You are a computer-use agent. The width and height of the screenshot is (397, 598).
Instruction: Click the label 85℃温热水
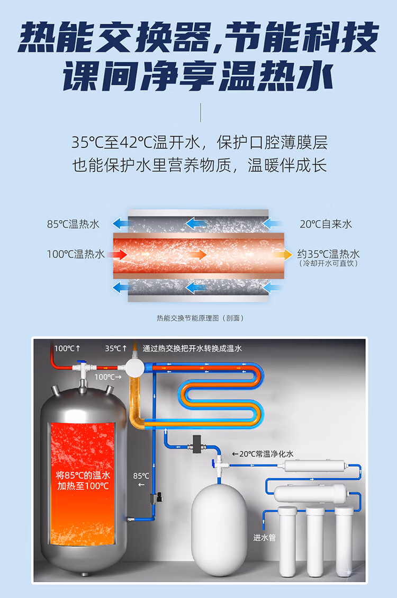[x=73, y=224]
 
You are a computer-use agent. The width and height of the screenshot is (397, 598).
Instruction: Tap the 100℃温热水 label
[x=76, y=254]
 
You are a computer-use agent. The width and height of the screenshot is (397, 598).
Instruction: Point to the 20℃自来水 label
[x=326, y=224]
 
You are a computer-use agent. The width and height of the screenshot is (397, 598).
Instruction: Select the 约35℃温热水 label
[x=328, y=254]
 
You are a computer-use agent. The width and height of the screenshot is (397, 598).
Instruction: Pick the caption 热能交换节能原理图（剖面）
[x=200, y=318]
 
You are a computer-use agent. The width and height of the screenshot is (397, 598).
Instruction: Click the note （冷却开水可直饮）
[x=328, y=263]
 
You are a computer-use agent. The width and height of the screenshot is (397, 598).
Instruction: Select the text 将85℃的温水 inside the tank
[x=83, y=475]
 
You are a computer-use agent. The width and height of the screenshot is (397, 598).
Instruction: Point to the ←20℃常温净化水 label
[x=262, y=453]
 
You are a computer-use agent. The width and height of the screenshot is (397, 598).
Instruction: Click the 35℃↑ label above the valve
[x=116, y=348]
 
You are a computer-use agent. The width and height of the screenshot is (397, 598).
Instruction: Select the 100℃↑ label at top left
[x=67, y=348]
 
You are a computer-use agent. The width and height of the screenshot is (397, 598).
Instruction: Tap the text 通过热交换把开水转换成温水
[x=192, y=349]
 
